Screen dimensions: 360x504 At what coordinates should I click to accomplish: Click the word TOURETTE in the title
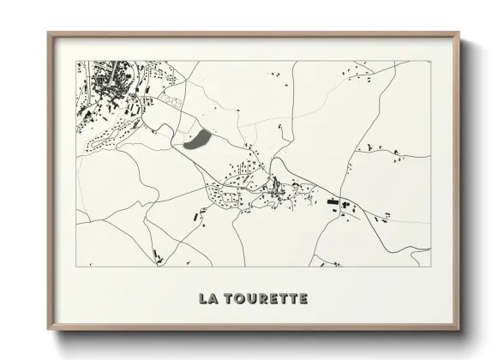click(x=267, y=299)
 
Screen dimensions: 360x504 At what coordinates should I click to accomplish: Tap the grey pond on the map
click(x=197, y=139)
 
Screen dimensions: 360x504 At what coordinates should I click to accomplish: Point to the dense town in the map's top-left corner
click(x=107, y=90)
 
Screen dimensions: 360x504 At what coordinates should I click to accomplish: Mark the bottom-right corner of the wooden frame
click(x=459, y=330)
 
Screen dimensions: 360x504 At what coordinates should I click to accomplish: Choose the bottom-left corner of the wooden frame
click(x=48, y=330)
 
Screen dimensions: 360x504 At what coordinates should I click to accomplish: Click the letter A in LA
click(x=213, y=299)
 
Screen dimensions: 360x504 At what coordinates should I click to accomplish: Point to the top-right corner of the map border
click(x=430, y=61)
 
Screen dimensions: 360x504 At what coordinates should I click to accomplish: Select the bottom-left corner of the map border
click(x=76, y=267)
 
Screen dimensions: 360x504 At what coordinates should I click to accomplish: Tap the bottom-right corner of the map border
click(x=430, y=267)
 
